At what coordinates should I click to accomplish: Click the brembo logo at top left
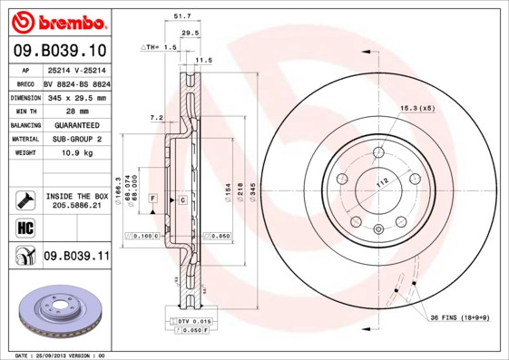(x=56, y=21)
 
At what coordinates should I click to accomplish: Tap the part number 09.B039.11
(x=76, y=257)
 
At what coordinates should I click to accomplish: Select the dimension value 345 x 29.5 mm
(x=76, y=97)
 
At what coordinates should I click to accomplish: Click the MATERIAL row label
(x=24, y=140)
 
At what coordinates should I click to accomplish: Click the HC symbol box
(x=24, y=226)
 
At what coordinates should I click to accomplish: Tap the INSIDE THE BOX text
(x=76, y=196)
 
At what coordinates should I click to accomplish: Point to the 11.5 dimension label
(x=203, y=60)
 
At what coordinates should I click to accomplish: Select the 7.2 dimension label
(x=155, y=117)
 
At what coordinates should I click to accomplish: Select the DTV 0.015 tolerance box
(x=191, y=322)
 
